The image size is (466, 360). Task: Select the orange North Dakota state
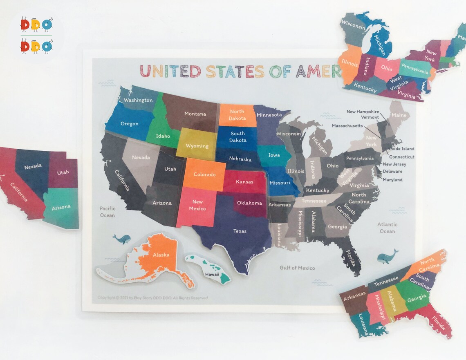pyautogui.click(x=237, y=115)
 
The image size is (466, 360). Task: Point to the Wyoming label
pyautogui.click(x=197, y=146)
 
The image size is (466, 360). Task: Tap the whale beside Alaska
pyautogui.click(x=121, y=239)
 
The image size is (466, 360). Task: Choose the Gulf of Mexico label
pyautogui.click(x=297, y=268)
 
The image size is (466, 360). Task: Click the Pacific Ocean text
pyautogui.click(x=108, y=212)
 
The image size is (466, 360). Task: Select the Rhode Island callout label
pyautogui.click(x=401, y=149)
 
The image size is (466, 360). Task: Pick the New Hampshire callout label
pyautogui.click(x=363, y=112)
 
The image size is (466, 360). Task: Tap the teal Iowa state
pyautogui.click(x=273, y=156)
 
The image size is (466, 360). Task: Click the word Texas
pyautogui.click(x=240, y=231)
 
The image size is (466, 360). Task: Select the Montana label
pyautogui.click(x=195, y=114)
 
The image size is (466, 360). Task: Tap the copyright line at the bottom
pyautogui.click(x=152, y=298)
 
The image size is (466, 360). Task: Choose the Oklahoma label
pyautogui.click(x=249, y=203)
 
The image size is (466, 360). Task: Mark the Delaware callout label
pyautogui.click(x=392, y=172)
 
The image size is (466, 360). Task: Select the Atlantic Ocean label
pyautogui.click(x=387, y=228)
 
